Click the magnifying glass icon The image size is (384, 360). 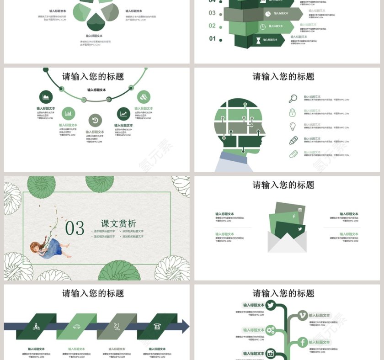click(293, 98)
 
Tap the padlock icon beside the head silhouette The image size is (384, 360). click(293, 112)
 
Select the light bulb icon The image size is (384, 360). click(293, 127)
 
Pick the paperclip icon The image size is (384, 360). click(293, 154)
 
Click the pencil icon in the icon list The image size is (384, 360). click(293, 140)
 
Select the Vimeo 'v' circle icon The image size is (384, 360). click(302, 315)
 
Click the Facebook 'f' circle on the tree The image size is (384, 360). click(302, 342)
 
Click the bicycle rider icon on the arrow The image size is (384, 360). click(36, 327)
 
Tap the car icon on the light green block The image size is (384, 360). click(77, 327)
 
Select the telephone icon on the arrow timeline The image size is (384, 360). click(157, 327)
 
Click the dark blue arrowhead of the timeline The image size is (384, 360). click(185, 326)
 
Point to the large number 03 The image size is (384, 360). click(75, 228)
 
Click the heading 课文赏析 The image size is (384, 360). click(118, 224)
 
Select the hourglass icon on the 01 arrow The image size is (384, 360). click(258, 40)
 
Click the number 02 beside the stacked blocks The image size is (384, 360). click(212, 26)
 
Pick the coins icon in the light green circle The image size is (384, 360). click(144, 97)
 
